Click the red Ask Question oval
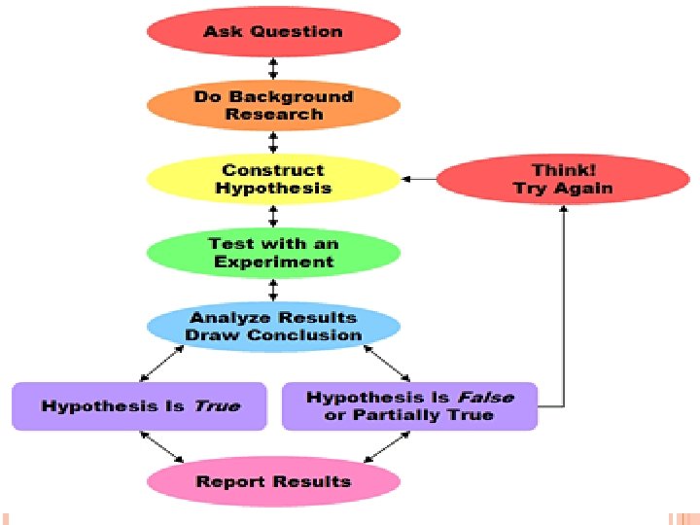[273, 31]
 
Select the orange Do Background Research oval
[273, 105]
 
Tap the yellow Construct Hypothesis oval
[273, 180]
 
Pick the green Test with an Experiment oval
[273, 253]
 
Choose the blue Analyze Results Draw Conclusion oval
[273, 327]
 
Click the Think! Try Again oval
[563, 180]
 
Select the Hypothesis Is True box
[139, 406]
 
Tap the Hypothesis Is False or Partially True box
[409, 406]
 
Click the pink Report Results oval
[273, 481]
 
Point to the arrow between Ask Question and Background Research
[273, 68]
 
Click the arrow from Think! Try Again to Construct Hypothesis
[419, 179]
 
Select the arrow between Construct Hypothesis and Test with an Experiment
[273, 216]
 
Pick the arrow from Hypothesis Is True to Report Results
[162, 446]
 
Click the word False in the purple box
[483, 397]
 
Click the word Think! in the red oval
[563, 170]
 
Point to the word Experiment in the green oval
[274, 262]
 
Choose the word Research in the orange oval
[274, 115]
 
